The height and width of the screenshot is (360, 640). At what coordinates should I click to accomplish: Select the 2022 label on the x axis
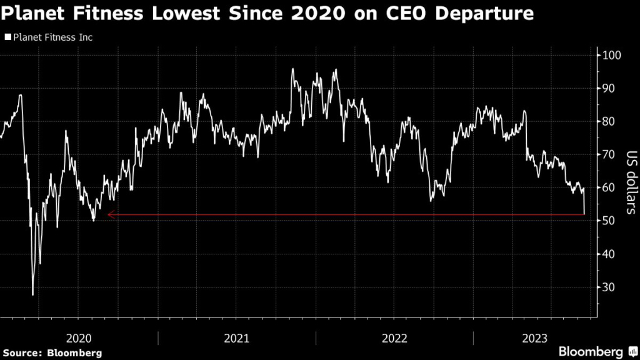pos(394,338)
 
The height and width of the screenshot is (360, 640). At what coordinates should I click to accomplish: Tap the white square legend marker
pos(7,37)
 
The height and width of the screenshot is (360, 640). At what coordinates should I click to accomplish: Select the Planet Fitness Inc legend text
pos(52,37)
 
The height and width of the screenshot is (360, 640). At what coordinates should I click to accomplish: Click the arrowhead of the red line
pos(110,215)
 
